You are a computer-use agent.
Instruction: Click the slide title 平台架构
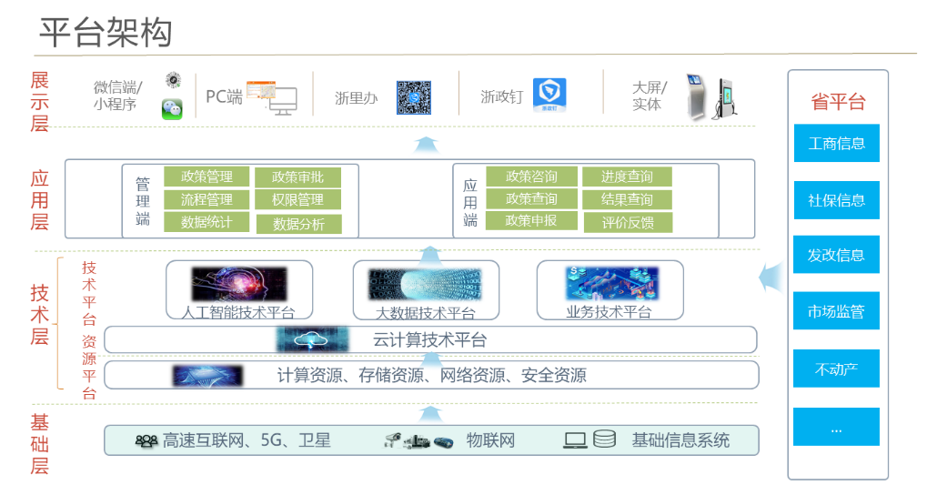click(x=106, y=32)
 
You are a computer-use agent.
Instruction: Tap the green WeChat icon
click(x=172, y=109)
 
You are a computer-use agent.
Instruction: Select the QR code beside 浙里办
click(x=413, y=97)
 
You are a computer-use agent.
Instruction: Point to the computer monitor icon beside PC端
click(x=282, y=101)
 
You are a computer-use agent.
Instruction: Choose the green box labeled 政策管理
click(x=207, y=177)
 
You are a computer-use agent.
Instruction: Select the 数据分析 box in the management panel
click(x=297, y=224)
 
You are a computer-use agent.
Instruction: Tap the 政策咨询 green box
click(x=531, y=177)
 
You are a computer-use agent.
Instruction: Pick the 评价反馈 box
click(x=627, y=222)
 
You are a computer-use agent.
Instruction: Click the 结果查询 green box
click(x=627, y=199)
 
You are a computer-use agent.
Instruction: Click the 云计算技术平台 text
click(x=429, y=340)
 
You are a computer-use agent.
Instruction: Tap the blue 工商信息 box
click(x=836, y=143)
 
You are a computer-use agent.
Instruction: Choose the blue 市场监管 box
click(x=836, y=311)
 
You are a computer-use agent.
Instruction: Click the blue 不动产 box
click(x=836, y=369)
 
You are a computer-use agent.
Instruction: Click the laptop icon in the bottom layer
click(x=575, y=440)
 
